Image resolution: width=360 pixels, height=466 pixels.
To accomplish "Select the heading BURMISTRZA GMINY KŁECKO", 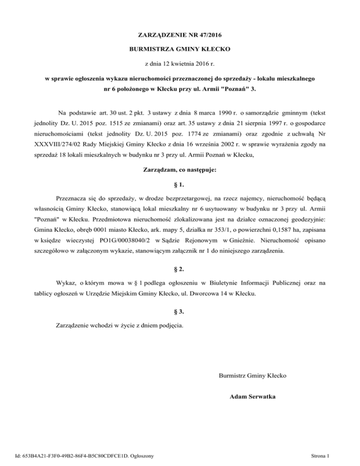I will pyautogui.click(x=180, y=49).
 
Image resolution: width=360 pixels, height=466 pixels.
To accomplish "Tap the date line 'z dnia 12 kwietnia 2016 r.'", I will pyautogui.click(x=180, y=63).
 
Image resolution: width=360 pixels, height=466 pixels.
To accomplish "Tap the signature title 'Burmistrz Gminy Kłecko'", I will pyautogui.click(x=253, y=376).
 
